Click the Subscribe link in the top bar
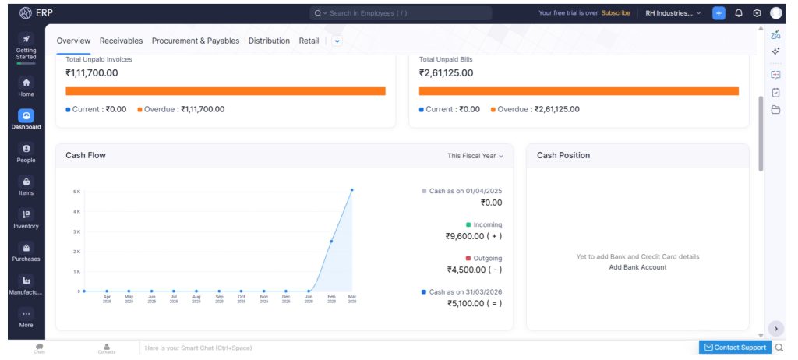point(616,13)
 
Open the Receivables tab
point(121,41)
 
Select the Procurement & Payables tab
point(195,41)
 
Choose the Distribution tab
point(269,41)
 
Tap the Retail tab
point(309,41)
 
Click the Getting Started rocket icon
point(26,39)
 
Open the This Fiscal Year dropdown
point(475,156)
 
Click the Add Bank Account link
point(637,267)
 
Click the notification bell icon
point(738,13)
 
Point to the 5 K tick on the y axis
point(76,191)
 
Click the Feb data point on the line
point(331,242)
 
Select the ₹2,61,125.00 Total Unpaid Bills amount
point(446,73)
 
